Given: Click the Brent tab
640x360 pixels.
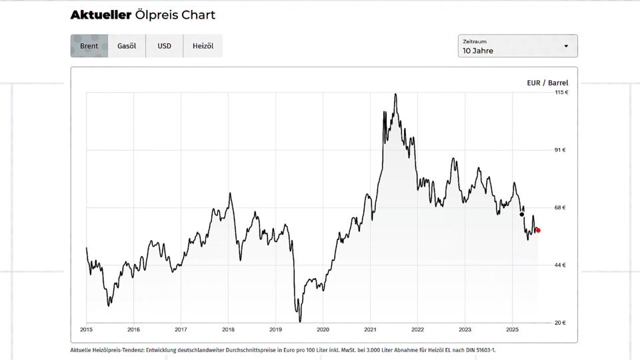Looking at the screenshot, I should [x=89, y=46].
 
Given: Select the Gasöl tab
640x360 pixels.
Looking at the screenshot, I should [x=127, y=46].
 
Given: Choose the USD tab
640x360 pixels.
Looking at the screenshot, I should [x=164, y=46].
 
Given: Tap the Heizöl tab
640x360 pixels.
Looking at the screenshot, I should [x=203, y=46].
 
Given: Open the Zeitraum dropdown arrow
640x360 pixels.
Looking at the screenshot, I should [x=566, y=46].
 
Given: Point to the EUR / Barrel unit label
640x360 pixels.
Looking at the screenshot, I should [x=547, y=83].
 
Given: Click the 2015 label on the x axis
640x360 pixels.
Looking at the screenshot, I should [x=87, y=329].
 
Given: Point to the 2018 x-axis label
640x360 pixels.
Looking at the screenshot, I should [x=228, y=329].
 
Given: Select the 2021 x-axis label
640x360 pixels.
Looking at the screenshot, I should [x=370, y=329].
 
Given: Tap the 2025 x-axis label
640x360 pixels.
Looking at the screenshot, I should [x=512, y=329].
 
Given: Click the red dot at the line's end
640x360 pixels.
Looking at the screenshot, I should [x=538, y=231].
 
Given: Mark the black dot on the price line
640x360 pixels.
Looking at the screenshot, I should [x=521, y=215].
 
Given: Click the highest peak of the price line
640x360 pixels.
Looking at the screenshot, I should [x=396, y=94].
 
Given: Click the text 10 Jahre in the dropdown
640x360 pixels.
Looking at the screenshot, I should [x=478, y=51].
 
